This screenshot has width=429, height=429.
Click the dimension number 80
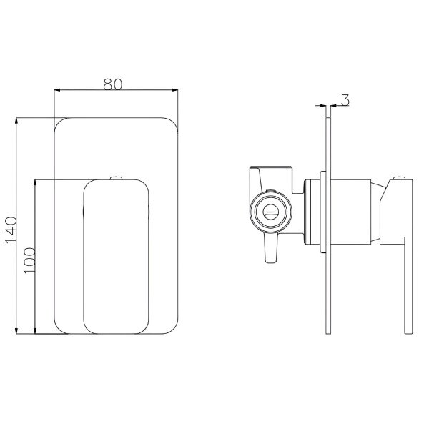click(113, 84)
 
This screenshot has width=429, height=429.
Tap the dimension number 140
click(11, 230)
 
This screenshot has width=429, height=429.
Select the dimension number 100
click(29, 261)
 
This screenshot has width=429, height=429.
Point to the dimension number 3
click(345, 100)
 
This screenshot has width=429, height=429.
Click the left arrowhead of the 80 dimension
click(57, 90)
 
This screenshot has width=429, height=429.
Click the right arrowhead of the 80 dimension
click(174, 90)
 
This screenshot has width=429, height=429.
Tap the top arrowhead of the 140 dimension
click(16, 121)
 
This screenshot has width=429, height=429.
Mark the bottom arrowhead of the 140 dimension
click(16, 330)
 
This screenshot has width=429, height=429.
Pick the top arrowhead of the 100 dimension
click(35, 183)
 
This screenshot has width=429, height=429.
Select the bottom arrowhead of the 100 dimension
click(35, 330)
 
